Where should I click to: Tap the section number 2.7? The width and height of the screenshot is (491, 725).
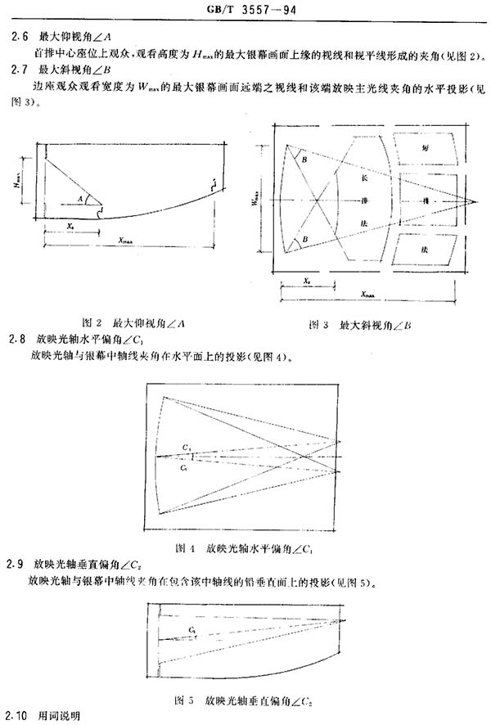coord(16,73)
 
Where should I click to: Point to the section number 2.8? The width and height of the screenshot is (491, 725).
coord(16,340)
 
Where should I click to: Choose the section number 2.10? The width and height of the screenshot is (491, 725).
coord(19,715)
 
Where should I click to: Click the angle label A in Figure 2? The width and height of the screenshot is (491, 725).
coord(80,197)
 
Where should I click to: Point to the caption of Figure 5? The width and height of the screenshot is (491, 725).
coord(246,700)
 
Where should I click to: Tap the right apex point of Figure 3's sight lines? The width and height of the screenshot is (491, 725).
coord(474,199)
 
